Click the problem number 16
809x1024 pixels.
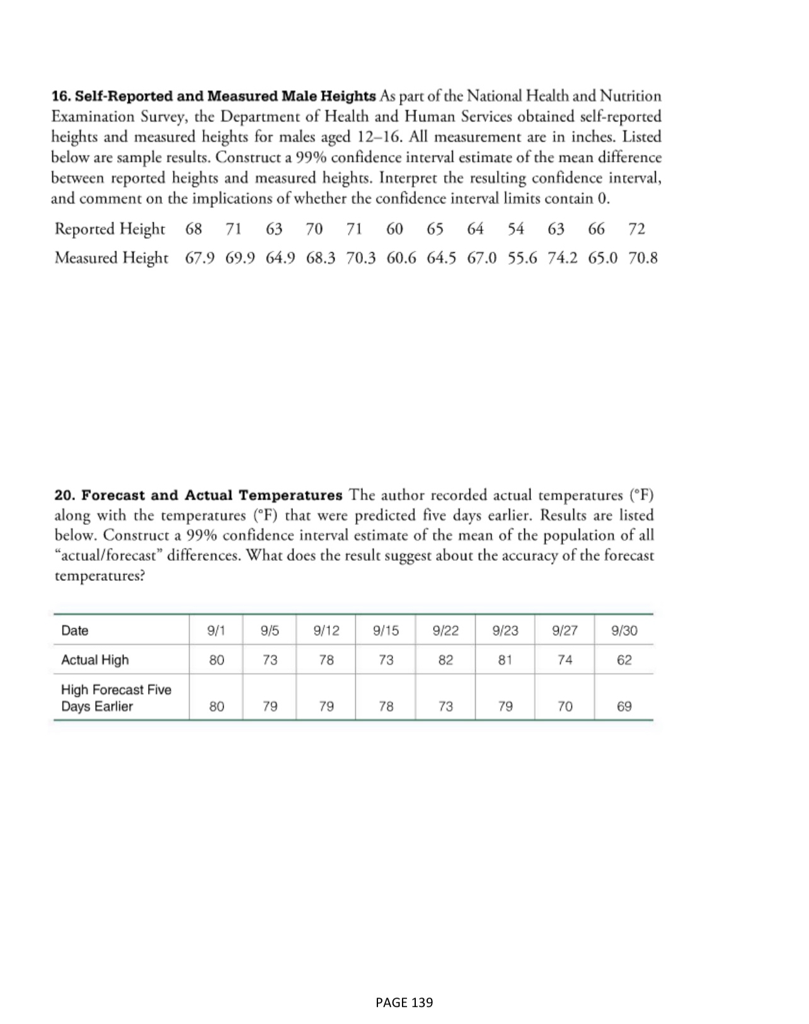[60, 96]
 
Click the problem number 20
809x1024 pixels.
[64, 495]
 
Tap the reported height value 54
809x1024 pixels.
[515, 229]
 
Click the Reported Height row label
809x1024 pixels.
[110, 229]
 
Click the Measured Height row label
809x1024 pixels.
[112, 258]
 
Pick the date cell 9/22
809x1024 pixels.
[445, 630]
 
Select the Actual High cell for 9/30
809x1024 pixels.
[624, 660]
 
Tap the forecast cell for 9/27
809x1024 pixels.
[565, 706]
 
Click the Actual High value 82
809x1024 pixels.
[445, 660]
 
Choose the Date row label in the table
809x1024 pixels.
[74, 630]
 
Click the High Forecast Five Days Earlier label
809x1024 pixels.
[116, 698]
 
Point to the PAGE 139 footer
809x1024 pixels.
[404, 1003]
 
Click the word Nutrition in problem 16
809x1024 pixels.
[631, 96]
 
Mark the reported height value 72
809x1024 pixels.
[636, 229]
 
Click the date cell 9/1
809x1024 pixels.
[216, 630]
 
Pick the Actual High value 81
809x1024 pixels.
[505, 660]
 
